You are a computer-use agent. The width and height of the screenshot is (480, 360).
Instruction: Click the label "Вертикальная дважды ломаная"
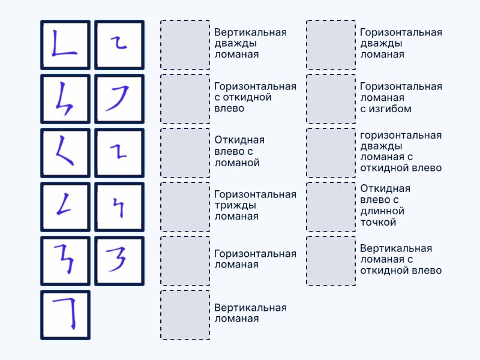point(250,43)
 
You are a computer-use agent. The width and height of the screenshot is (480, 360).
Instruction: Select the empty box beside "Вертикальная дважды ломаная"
point(185,45)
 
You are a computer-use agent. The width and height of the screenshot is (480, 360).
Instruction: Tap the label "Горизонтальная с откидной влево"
point(255,97)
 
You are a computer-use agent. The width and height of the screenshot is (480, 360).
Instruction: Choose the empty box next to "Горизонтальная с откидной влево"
point(185,99)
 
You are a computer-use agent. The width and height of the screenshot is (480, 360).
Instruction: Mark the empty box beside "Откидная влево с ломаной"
point(185,152)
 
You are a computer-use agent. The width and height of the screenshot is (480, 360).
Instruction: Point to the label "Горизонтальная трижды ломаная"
point(255,205)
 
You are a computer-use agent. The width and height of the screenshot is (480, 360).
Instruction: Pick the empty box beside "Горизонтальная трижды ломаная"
point(185,206)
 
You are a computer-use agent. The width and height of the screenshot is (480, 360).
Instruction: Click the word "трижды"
point(235,205)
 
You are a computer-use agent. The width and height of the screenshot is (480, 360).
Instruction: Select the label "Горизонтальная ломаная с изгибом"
point(401,97)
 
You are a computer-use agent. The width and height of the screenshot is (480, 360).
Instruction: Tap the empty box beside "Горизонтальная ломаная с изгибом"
point(331,99)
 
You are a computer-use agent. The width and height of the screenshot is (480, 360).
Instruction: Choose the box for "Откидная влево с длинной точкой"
point(331,206)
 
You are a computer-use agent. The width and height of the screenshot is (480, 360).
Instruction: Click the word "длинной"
point(382,211)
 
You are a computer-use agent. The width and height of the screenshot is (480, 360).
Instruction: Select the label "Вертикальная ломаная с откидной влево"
point(401,259)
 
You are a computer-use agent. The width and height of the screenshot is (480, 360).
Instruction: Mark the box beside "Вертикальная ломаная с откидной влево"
point(331,261)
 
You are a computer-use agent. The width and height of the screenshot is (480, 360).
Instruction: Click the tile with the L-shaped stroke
point(65,45)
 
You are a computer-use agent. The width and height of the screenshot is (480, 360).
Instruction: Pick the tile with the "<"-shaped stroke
point(65,152)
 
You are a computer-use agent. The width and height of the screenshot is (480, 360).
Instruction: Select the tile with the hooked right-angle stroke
point(65,315)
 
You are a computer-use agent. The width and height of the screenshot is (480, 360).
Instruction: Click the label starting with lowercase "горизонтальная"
point(401,151)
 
